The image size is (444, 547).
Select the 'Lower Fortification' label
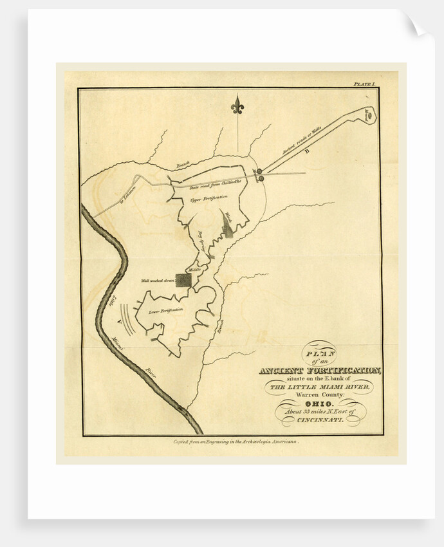[166, 311]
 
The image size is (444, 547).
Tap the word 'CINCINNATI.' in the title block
[320, 420]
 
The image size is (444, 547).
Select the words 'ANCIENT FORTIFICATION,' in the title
[320, 371]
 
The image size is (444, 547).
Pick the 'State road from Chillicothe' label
[213, 186]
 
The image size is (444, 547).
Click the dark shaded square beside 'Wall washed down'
[183, 280]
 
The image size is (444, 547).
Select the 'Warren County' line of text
[320, 394]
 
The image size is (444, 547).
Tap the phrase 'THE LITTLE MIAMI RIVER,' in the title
[319, 387]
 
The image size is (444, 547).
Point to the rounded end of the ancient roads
[370, 114]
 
